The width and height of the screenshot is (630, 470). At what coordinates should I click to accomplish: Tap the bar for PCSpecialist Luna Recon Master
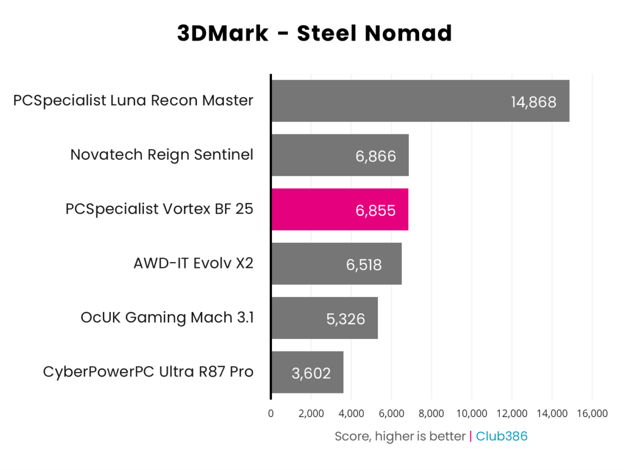pos(420,101)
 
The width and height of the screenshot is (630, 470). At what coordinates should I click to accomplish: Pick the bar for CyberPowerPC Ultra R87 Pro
pos(307,372)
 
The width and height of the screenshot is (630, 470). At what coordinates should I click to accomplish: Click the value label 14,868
pos(533,102)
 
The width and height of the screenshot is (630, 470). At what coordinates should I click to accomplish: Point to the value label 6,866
pos(375,156)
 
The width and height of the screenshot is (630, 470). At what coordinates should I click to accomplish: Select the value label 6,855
pos(375,210)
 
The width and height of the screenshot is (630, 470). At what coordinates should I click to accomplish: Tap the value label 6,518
pos(363,264)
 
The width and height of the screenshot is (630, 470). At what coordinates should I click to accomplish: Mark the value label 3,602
pos(311,373)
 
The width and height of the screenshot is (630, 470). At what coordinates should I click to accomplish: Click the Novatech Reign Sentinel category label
pos(162,155)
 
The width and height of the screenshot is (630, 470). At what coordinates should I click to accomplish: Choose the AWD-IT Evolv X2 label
pos(193,263)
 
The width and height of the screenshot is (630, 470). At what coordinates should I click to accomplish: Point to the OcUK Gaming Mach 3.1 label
pos(167,317)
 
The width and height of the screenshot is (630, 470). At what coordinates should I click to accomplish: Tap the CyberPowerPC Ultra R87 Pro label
pos(148,372)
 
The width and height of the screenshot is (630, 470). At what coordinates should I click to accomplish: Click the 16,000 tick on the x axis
pos(592,414)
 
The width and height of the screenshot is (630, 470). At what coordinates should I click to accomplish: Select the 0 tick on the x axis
pos(271,414)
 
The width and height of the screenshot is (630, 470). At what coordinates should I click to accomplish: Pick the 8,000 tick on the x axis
pos(431,414)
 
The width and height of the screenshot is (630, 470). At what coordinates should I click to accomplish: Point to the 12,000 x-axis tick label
pos(511,414)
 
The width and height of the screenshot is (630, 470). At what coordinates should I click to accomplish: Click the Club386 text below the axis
pos(501,436)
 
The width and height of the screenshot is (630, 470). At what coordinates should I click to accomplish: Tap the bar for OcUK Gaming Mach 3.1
pos(324,318)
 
